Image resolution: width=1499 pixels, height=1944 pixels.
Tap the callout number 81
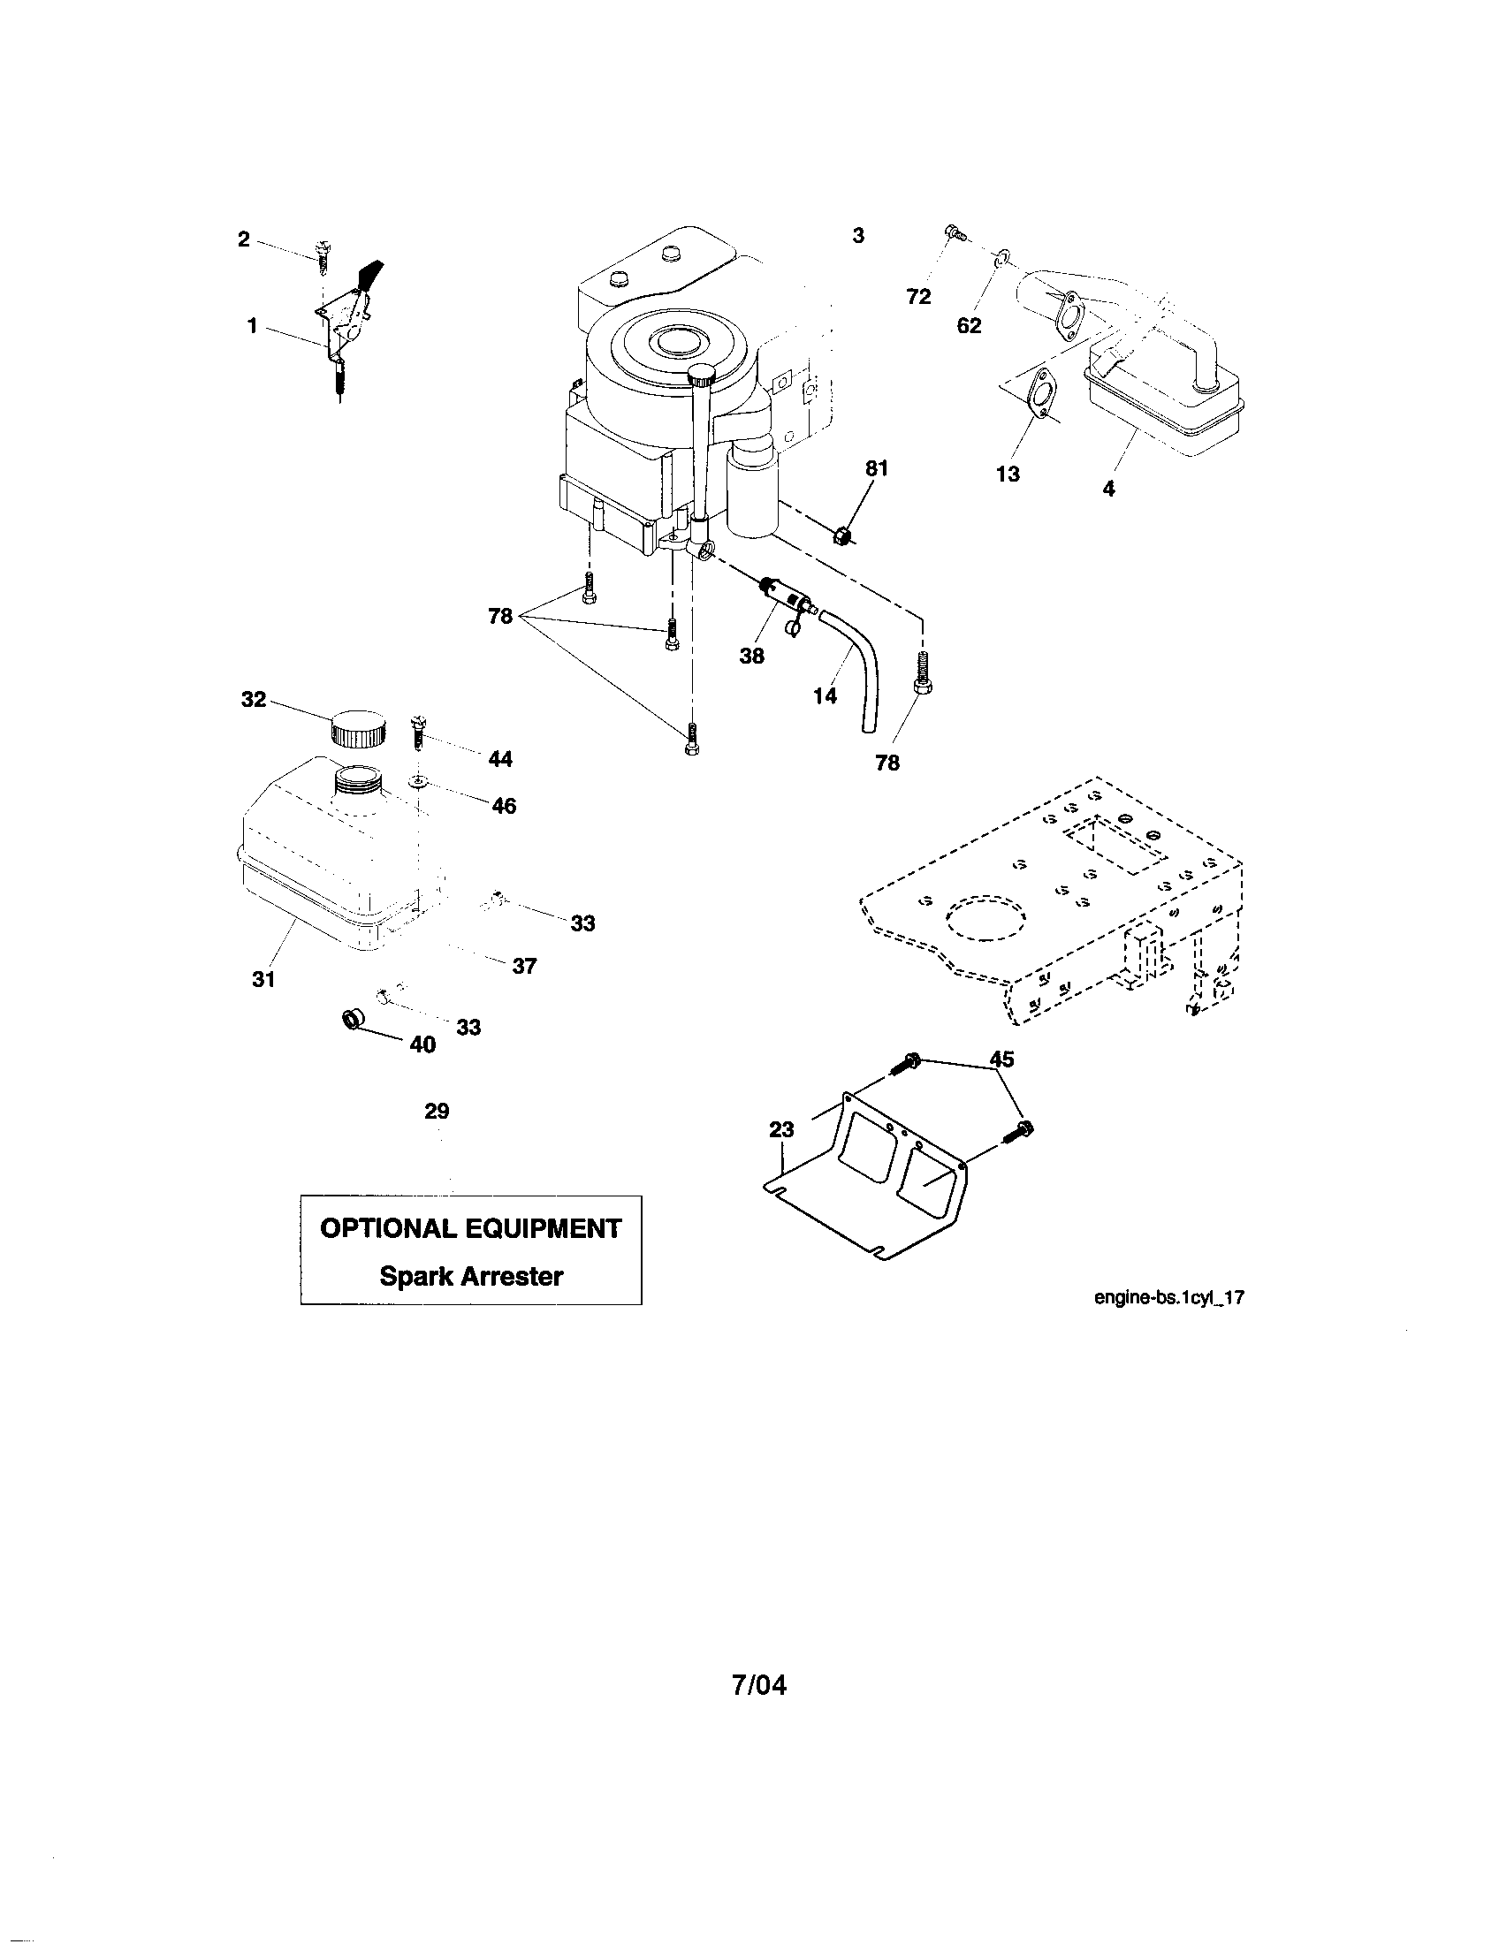point(877,468)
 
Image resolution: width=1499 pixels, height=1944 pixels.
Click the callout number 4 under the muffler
point(1108,488)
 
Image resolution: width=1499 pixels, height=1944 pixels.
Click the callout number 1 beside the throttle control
point(253,327)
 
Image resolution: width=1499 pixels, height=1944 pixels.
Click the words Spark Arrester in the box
point(471,1277)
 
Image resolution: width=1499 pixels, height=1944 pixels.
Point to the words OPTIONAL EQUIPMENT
point(470,1228)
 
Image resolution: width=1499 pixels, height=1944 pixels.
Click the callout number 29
point(437,1111)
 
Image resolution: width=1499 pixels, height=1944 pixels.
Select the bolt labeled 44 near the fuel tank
point(417,733)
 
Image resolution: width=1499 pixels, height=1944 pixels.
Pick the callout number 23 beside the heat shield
point(781,1129)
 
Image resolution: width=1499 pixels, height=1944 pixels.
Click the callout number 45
point(1001,1059)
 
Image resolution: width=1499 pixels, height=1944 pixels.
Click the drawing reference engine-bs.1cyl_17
point(1168,1298)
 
